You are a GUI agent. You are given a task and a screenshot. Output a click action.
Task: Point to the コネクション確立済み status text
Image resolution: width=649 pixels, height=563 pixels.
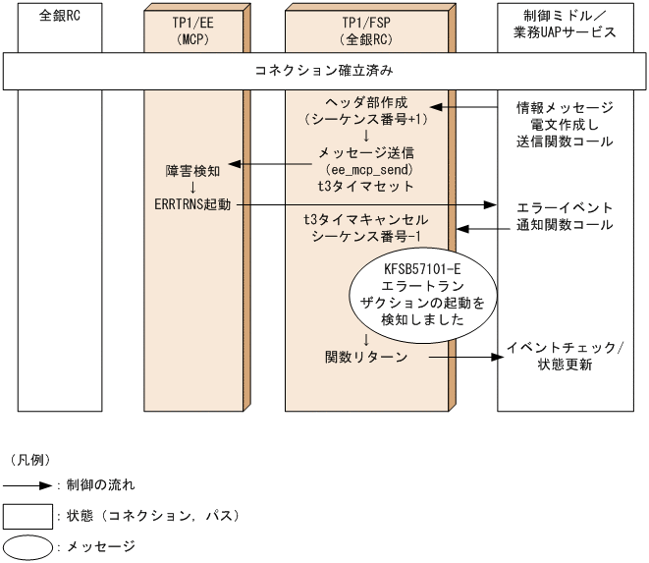(324, 72)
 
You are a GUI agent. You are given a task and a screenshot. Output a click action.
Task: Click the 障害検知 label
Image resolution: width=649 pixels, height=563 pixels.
(192, 169)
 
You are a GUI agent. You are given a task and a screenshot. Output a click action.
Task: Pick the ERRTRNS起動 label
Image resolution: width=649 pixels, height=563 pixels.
(192, 204)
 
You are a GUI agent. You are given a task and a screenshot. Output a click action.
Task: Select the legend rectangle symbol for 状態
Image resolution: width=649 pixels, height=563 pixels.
(27, 515)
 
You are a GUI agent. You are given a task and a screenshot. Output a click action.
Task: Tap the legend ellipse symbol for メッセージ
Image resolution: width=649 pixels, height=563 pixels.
(27, 545)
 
